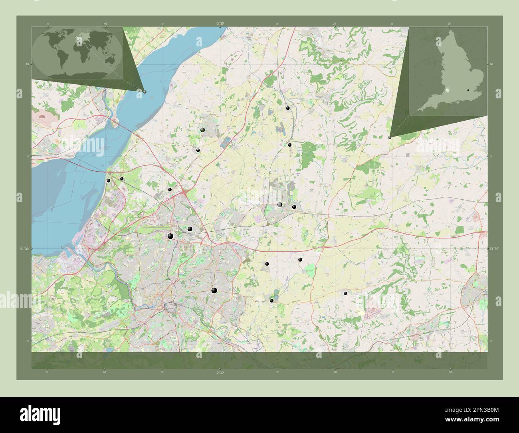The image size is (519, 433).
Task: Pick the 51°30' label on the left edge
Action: click(x=24, y=249)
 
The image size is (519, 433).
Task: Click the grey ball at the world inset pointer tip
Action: click(x=145, y=92)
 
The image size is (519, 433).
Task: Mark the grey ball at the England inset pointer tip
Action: click(x=390, y=137)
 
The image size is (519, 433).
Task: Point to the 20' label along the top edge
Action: click(x=335, y=24)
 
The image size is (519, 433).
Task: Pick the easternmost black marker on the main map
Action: click(x=345, y=293)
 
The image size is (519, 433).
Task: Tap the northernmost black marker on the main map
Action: click(x=287, y=108)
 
